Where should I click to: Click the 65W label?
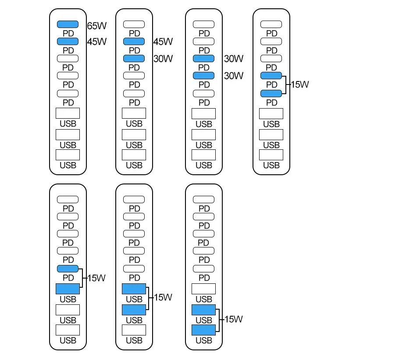pos(97,26)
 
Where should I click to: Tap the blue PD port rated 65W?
pos(68,24)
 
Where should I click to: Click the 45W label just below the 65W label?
pos(97,42)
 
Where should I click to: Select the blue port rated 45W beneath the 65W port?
pos(68,41)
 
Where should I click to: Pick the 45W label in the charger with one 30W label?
pos(163,42)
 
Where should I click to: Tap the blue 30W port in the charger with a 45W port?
pos(134,58)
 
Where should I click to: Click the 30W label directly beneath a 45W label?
pos(163,59)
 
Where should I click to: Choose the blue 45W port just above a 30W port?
pos(134,41)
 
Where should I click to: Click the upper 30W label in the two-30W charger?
pos(233,59)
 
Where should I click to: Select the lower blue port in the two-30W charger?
pos(204,76)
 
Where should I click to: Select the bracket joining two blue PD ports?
pos(285,85)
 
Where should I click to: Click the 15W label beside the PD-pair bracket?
pos(300,85)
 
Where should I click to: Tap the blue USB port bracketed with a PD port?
pos(68,289)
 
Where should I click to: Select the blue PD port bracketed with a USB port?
pos(68,268)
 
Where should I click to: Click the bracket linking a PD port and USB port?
pos(82,278)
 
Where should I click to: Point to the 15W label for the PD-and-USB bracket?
pos(96,278)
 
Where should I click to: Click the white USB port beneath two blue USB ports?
pos(134,330)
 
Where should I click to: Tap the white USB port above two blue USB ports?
pos(204,289)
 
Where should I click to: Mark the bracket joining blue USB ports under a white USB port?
pos(219,320)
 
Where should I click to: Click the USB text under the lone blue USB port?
pos(68,300)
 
